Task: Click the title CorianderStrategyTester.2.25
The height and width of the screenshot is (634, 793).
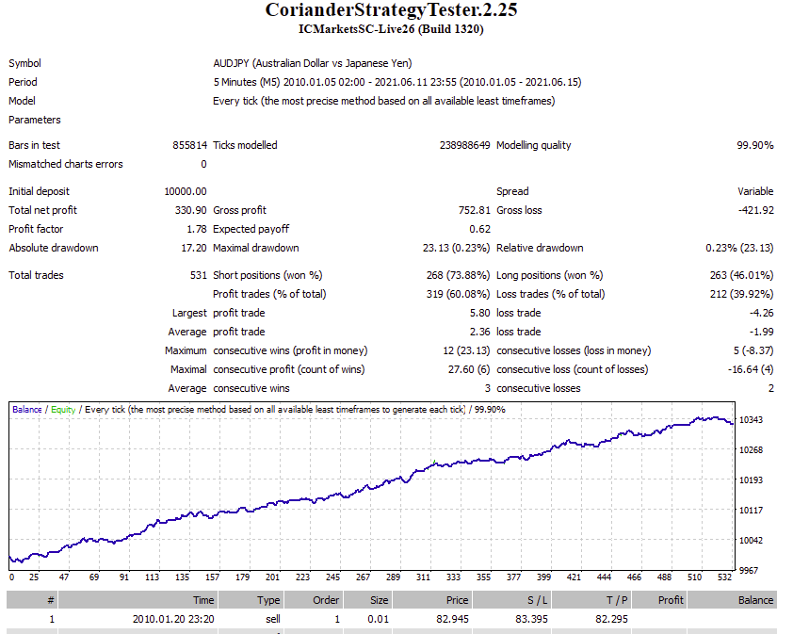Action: [392, 10]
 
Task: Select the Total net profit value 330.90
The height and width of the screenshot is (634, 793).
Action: [190, 210]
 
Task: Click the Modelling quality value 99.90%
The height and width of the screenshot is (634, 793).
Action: [755, 145]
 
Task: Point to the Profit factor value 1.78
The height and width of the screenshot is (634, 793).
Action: [197, 229]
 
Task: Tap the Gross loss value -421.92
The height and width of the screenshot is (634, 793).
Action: [756, 210]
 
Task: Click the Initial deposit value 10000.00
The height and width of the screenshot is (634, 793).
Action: [186, 191]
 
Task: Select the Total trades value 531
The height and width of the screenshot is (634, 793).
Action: [198, 275]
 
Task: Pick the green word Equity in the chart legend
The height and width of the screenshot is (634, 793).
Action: [63, 410]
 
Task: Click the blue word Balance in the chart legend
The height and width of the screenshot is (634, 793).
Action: [26, 410]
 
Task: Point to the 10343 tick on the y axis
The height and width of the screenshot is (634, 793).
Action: [751, 420]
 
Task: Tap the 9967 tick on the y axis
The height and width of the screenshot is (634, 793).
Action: [749, 571]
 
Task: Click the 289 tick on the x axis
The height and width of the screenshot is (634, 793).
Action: [393, 577]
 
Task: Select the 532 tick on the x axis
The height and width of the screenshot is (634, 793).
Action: [725, 577]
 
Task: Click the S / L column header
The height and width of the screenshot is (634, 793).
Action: [537, 600]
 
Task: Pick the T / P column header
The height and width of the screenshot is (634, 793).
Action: [617, 600]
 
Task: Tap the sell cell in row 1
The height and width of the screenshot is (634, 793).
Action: [273, 619]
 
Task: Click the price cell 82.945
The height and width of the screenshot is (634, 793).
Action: [453, 619]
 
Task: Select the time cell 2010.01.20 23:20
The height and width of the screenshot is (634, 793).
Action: [173, 619]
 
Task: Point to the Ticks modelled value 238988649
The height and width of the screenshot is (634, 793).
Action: [464, 145]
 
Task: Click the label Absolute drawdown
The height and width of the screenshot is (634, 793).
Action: [54, 248]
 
